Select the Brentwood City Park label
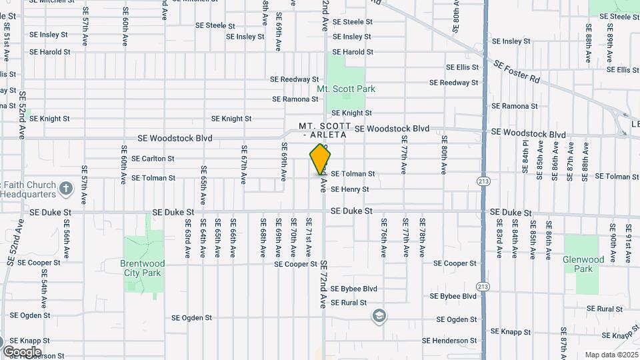[142, 268]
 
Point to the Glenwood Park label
[583, 264]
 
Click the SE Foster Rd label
[517, 69]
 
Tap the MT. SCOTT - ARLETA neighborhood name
[325, 129]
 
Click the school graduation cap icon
[379, 315]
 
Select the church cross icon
[65, 188]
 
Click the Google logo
[22, 351]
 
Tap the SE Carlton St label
[153, 159]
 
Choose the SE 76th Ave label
[383, 238]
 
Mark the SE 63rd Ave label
[187, 239]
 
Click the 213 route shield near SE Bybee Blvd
[483, 287]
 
